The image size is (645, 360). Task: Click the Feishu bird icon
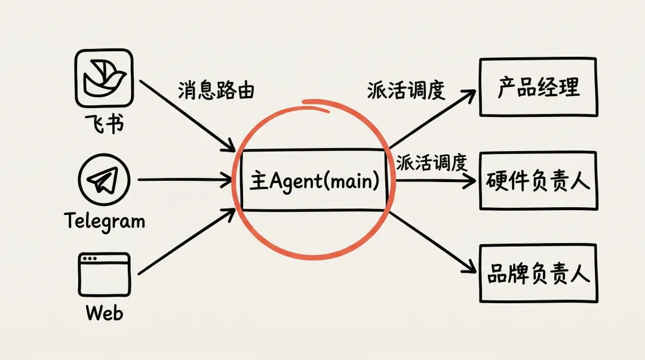coord(104,78)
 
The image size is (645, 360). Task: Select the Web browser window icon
coord(104,274)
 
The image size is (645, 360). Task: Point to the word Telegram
coord(105,222)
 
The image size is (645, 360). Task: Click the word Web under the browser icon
coord(104,313)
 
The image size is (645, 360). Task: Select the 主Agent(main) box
coord(314,180)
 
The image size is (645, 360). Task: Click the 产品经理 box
coord(538,87)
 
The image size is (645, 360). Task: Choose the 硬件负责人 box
coord(538,180)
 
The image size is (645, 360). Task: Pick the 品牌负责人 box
coord(538,273)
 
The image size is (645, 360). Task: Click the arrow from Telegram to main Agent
coord(185,179)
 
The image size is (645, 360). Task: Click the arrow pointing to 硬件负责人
coord(433,181)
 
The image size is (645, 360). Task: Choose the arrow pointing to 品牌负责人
coord(433,242)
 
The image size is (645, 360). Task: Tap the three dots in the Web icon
coord(90,259)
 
